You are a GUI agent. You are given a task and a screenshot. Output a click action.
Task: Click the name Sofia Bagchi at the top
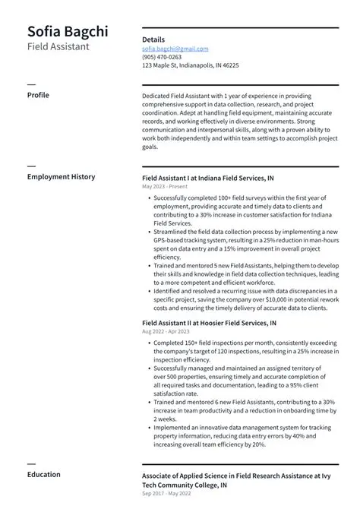[x=68, y=31]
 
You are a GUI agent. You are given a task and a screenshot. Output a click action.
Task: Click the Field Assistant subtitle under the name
[x=58, y=47]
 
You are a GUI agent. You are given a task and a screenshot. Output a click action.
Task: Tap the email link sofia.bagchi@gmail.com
[x=175, y=49]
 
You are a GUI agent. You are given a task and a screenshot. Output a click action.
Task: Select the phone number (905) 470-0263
[x=162, y=57]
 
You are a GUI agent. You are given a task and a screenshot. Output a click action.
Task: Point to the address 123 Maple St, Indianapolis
[x=190, y=65]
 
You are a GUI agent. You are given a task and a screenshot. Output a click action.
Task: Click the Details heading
[x=153, y=40]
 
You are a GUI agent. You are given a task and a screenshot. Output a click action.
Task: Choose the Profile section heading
[x=38, y=95]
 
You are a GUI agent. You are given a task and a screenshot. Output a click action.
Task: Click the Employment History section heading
[x=61, y=177]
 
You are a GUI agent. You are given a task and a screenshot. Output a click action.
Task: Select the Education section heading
[x=43, y=475]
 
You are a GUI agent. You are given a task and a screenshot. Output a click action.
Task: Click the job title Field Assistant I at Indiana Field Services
[x=208, y=178]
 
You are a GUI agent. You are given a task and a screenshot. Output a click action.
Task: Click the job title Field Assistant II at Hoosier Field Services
[x=209, y=323]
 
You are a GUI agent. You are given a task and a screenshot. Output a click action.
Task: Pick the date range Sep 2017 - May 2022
[x=167, y=493]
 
